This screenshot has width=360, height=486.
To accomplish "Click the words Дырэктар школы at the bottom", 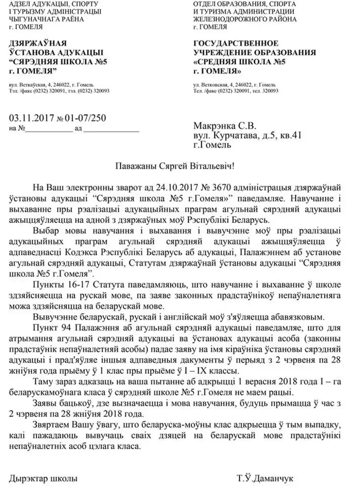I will click(x=43, y=478).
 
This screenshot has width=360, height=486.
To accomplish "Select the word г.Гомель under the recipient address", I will click(x=212, y=145).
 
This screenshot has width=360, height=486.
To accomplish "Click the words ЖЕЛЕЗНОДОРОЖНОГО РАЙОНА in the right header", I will click(x=245, y=19).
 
